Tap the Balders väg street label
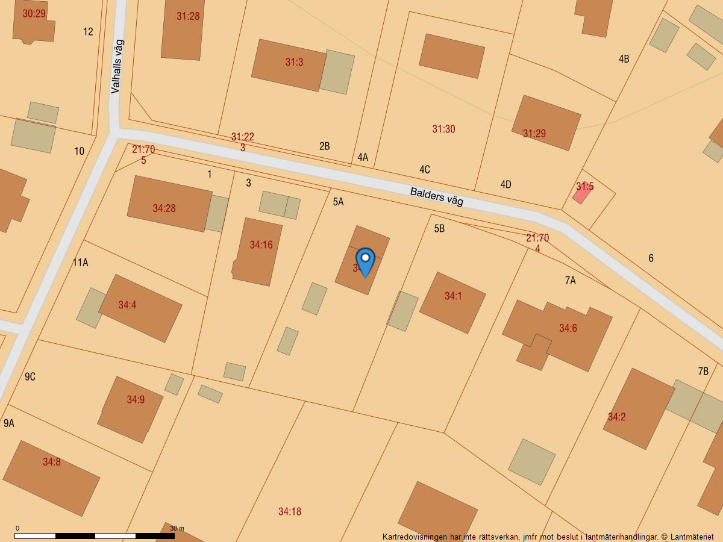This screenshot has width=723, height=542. (x=437, y=197)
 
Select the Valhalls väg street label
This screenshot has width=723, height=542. (x=117, y=66)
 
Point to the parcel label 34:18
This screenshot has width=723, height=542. (x=290, y=511)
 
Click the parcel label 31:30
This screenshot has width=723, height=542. (x=443, y=129)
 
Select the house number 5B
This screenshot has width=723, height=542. (x=439, y=228)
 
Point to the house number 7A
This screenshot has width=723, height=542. (x=570, y=280)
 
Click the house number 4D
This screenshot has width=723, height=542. (x=505, y=184)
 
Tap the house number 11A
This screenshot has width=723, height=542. (x=80, y=262)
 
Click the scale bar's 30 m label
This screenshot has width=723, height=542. (x=177, y=528)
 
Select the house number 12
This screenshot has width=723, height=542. (x=89, y=32)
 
